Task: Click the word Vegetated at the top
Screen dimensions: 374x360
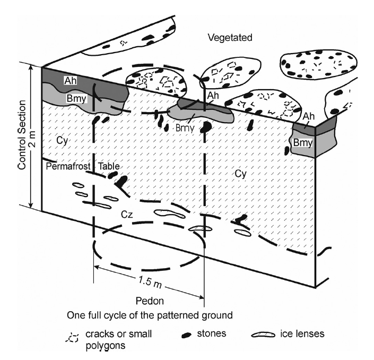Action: (x=230, y=38)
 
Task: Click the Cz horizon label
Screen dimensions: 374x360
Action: (x=127, y=215)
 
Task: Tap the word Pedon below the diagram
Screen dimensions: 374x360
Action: (x=150, y=301)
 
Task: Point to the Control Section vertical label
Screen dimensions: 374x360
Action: (x=22, y=135)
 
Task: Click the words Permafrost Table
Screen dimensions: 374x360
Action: (x=83, y=166)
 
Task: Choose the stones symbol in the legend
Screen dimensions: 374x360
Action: (x=187, y=335)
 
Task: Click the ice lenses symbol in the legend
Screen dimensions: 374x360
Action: (x=263, y=335)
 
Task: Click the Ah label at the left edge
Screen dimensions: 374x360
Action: (x=71, y=81)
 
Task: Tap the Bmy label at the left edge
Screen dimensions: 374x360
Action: (x=76, y=98)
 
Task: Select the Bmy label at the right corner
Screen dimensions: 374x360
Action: (x=303, y=143)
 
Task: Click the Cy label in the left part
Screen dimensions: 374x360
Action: (x=62, y=141)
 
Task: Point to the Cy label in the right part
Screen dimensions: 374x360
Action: (x=240, y=174)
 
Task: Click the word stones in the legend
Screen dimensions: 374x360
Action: (x=212, y=333)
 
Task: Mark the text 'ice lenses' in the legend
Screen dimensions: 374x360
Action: (x=302, y=333)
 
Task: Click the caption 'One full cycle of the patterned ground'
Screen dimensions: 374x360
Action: (x=150, y=315)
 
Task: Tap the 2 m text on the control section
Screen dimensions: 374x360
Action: (x=33, y=139)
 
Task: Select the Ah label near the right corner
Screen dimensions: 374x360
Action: (x=309, y=116)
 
